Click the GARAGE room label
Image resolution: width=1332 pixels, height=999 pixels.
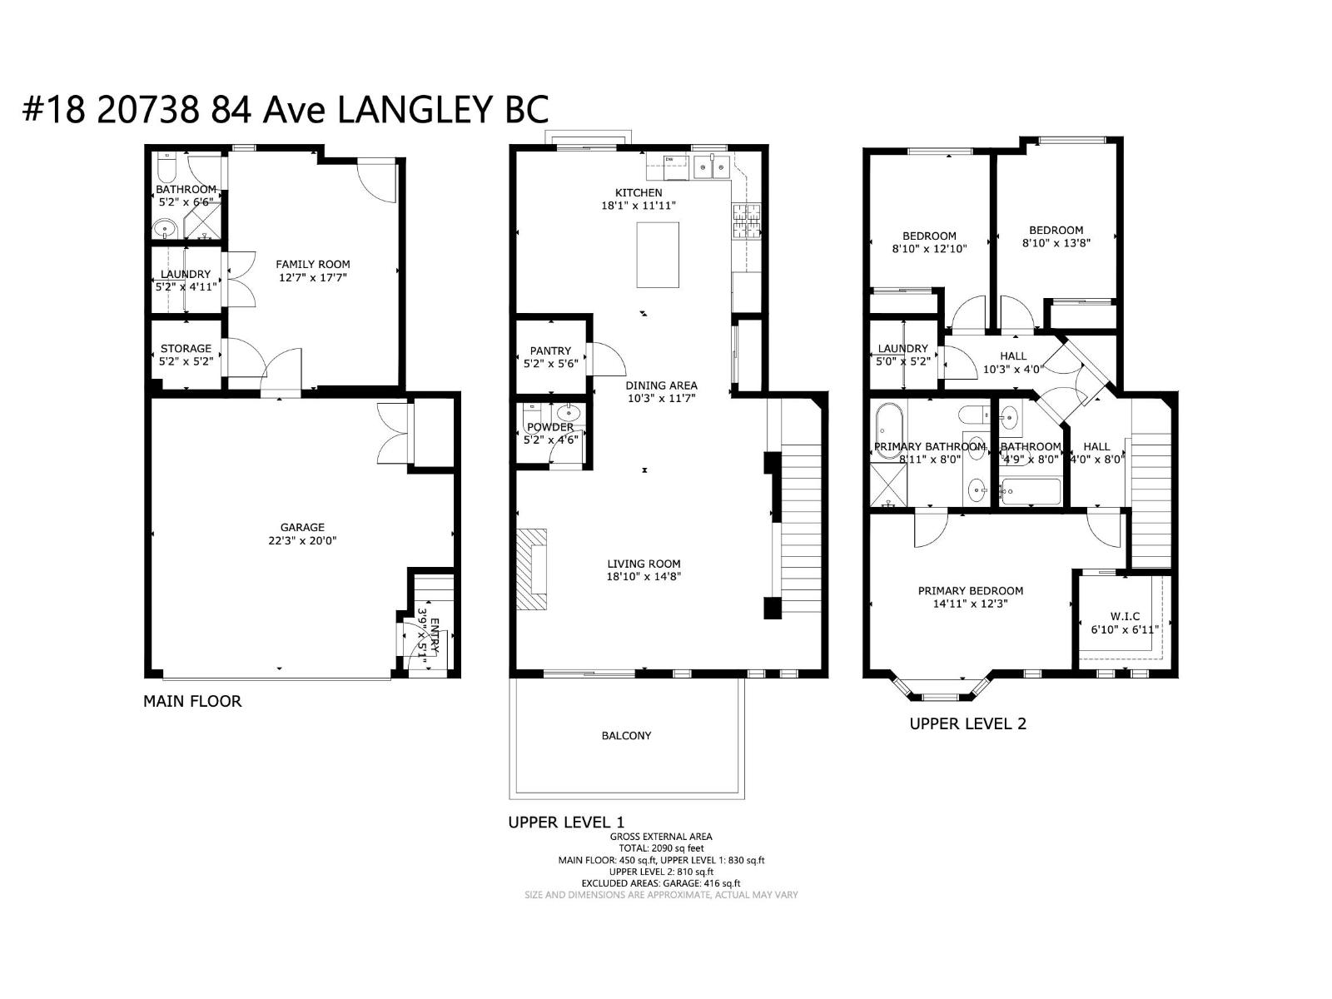pos(301,527)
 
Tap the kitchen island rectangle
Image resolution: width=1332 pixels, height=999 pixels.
pos(658,255)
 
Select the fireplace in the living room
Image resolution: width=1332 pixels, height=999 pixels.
pos(531,569)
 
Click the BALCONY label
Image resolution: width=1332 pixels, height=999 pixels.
pos(626,736)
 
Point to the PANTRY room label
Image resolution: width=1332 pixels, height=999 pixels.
pos(550,350)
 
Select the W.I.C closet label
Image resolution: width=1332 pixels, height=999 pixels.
pos(1125,616)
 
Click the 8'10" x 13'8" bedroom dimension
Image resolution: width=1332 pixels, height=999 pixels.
pos(1056,243)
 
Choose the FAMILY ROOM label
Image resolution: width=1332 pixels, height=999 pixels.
pos(313,264)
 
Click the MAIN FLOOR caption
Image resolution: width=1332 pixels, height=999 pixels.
pos(192,701)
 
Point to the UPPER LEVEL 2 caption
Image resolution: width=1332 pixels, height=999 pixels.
pos(967,723)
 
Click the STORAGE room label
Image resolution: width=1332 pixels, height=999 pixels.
pos(186,348)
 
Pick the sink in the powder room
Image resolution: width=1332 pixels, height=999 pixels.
pos(571,412)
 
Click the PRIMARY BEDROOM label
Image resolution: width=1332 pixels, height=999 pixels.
pos(970,590)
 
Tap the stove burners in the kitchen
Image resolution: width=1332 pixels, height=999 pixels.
pos(745,221)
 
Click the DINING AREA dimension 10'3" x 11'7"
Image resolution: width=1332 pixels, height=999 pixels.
pos(661,398)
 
